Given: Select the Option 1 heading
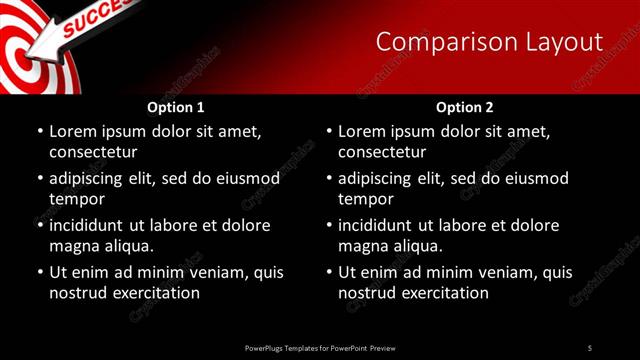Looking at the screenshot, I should pyautogui.click(x=175, y=107).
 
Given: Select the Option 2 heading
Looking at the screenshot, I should pyautogui.click(x=465, y=107).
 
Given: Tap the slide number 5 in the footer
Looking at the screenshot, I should pyautogui.click(x=589, y=348).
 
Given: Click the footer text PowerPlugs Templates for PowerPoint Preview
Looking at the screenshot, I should pyautogui.click(x=320, y=348).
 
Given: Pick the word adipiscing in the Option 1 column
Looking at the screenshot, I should pyautogui.click(x=91, y=178).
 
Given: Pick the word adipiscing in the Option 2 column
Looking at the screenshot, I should pyautogui.click(x=380, y=178).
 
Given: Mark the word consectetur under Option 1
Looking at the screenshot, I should pyautogui.click(x=93, y=152).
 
